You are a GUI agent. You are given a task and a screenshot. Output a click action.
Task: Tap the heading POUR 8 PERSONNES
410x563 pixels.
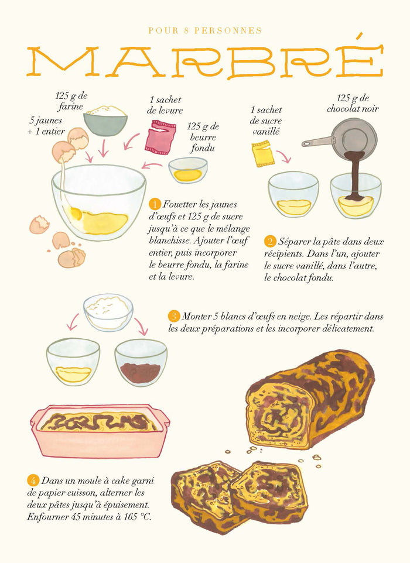click(204, 30)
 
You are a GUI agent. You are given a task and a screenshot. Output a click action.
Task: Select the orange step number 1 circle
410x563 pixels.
click(155, 204)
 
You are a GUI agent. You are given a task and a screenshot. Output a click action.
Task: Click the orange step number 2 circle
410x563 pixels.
click(270, 241)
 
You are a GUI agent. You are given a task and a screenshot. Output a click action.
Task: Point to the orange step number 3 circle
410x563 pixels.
click(174, 317)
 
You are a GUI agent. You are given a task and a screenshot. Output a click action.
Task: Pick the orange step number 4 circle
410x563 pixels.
click(33, 481)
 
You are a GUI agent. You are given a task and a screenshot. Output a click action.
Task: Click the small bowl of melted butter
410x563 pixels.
click(188, 170)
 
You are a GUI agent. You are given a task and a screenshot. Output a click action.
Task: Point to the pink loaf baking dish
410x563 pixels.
click(100, 431)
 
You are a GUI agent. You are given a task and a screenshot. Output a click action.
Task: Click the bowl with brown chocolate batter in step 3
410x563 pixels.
click(141, 363)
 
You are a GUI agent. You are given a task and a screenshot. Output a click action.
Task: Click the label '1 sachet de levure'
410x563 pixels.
click(166, 105)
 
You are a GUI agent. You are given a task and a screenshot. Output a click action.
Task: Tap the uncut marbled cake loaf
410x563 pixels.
click(310, 398)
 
